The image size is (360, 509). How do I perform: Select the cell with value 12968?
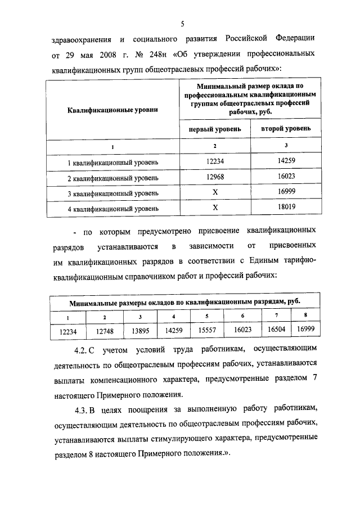tap(215, 177)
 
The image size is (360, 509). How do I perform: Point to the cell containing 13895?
tap(139, 331)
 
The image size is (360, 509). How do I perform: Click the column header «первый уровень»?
tap(215, 129)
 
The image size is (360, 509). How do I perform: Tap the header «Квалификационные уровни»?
tap(112, 109)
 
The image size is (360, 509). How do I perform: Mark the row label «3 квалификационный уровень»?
tap(112, 193)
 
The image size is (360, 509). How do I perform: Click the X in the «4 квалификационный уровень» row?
tap(215, 207)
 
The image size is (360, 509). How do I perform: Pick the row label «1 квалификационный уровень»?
tap(112, 163)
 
